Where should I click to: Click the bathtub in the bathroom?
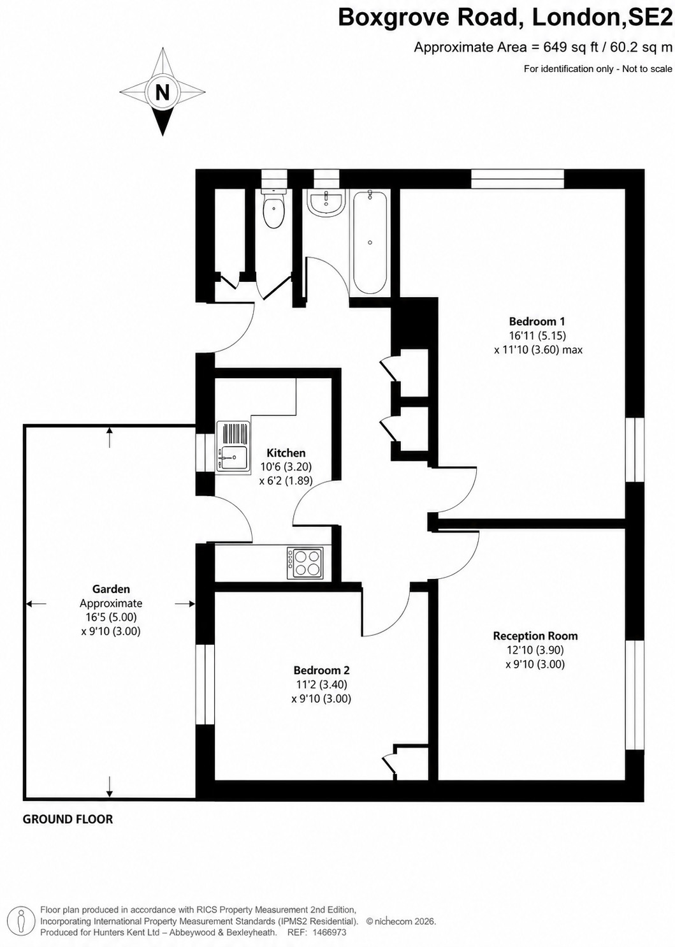pos(370,242)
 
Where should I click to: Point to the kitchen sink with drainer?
pos(233,446)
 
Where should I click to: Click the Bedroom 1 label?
pos(537,321)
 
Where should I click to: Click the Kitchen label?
pos(286,453)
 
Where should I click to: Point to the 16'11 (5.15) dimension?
pos(537,335)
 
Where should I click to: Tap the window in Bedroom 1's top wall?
pos(518,179)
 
